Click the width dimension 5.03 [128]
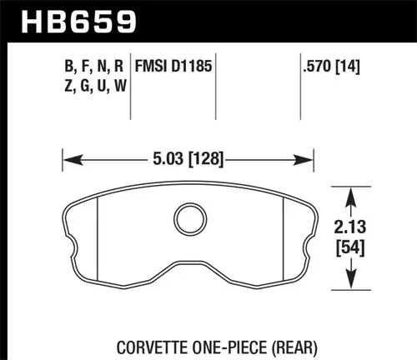[188, 155]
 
